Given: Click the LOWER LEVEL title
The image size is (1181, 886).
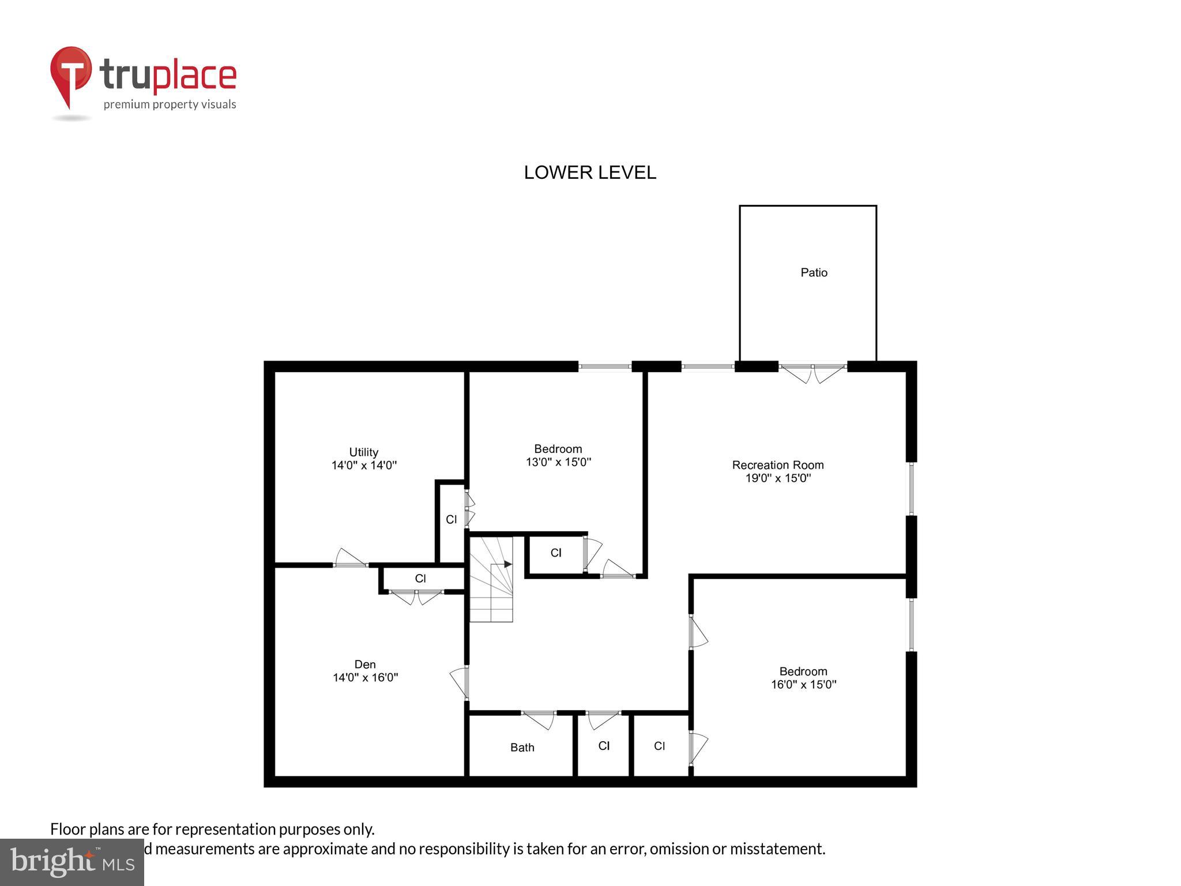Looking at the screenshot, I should [589, 172].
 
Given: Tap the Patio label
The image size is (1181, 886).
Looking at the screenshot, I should [814, 272].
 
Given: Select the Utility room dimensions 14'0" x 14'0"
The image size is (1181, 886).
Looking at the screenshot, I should [364, 465].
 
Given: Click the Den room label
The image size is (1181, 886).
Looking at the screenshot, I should [365, 664].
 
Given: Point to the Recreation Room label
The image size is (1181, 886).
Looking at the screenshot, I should [777, 464].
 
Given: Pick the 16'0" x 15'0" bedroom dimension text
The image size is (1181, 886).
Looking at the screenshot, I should [803, 685].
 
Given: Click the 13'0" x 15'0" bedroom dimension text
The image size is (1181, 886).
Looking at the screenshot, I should [558, 462].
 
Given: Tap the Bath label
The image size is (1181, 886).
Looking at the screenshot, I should [522, 748].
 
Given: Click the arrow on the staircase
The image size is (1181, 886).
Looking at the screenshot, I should [507, 564].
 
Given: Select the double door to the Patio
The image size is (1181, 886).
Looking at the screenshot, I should [813, 373].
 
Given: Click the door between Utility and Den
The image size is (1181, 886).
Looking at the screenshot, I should [350, 559].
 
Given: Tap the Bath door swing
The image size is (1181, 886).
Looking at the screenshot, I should [539, 719].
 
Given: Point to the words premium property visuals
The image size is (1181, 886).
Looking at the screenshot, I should [170, 104].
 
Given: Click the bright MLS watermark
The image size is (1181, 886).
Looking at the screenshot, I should [72, 862].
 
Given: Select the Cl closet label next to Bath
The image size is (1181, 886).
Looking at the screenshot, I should [604, 746].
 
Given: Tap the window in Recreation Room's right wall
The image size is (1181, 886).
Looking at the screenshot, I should [911, 488].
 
